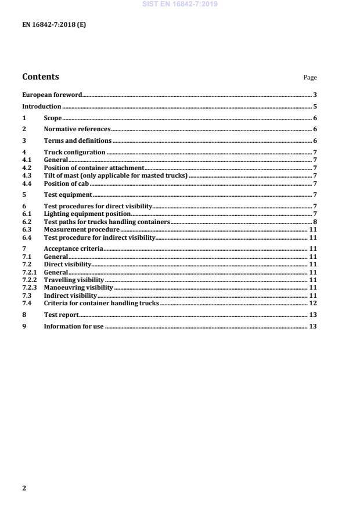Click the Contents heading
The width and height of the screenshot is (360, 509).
41,77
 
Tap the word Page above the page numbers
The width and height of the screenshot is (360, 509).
310,77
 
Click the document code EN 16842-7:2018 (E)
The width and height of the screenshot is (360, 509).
54,25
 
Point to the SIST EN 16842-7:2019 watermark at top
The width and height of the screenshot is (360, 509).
179,4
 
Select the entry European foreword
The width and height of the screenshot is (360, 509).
52,95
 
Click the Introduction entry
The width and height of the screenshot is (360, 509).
41,106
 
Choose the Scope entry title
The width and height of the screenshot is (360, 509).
52,118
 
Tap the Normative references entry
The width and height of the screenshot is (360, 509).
77,129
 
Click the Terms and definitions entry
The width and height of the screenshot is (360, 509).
77,141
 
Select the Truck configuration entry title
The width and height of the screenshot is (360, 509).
74,153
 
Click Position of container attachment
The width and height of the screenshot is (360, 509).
93,168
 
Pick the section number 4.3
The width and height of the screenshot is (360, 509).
27,175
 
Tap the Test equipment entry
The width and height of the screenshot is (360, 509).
68,194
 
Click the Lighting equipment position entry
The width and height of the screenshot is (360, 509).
87,214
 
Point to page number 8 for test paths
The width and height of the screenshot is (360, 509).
314,222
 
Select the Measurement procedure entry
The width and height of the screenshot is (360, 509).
81,229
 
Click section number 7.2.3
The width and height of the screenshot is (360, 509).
29,287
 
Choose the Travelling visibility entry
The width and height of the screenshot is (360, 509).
74,280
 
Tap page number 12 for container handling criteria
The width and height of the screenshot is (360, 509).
312,303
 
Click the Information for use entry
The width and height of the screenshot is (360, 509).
73,326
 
